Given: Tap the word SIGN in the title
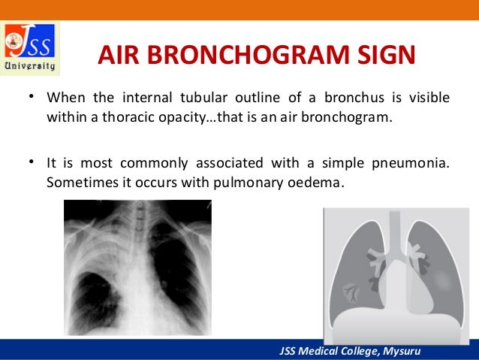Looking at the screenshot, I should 383,56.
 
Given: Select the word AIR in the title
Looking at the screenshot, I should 122,56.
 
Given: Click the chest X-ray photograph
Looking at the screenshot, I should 137,267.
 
